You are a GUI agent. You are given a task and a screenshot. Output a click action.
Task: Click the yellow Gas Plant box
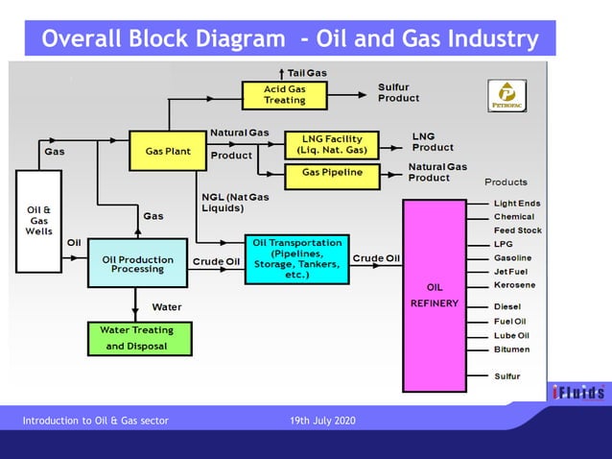(x=168, y=151)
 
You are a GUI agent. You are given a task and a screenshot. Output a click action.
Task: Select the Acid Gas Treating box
(x=284, y=94)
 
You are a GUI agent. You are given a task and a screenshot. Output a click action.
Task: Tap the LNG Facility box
(x=331, y=145)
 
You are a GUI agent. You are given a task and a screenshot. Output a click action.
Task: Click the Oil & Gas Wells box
(x=39, y=220)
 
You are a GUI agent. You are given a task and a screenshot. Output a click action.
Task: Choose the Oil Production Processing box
(x=137, y=264)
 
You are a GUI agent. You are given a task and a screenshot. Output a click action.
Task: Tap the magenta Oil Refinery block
(x=434, y=295)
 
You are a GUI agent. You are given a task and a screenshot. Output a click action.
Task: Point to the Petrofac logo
(x=505, y=96)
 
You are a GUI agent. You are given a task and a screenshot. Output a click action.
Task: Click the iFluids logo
(x=578, y=392)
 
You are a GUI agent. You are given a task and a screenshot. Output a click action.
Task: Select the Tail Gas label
(x=307, y=73)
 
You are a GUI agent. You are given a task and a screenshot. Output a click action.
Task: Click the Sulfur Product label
(x=399, y=92)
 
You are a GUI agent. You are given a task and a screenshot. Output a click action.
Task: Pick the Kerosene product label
(x=514, y=285)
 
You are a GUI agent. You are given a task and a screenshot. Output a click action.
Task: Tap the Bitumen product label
(x=511, y=350)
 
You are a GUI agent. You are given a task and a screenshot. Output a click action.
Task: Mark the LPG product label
(x=503, y=244)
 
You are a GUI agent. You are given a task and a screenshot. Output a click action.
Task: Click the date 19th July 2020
(x=321, y=422)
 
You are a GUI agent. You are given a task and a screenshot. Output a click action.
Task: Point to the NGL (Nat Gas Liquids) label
(x=235, y=203)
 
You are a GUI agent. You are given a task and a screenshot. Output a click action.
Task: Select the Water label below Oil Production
(x=167, y=307)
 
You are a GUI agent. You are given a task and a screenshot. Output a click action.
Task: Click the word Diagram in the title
(x=236, y=39)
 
